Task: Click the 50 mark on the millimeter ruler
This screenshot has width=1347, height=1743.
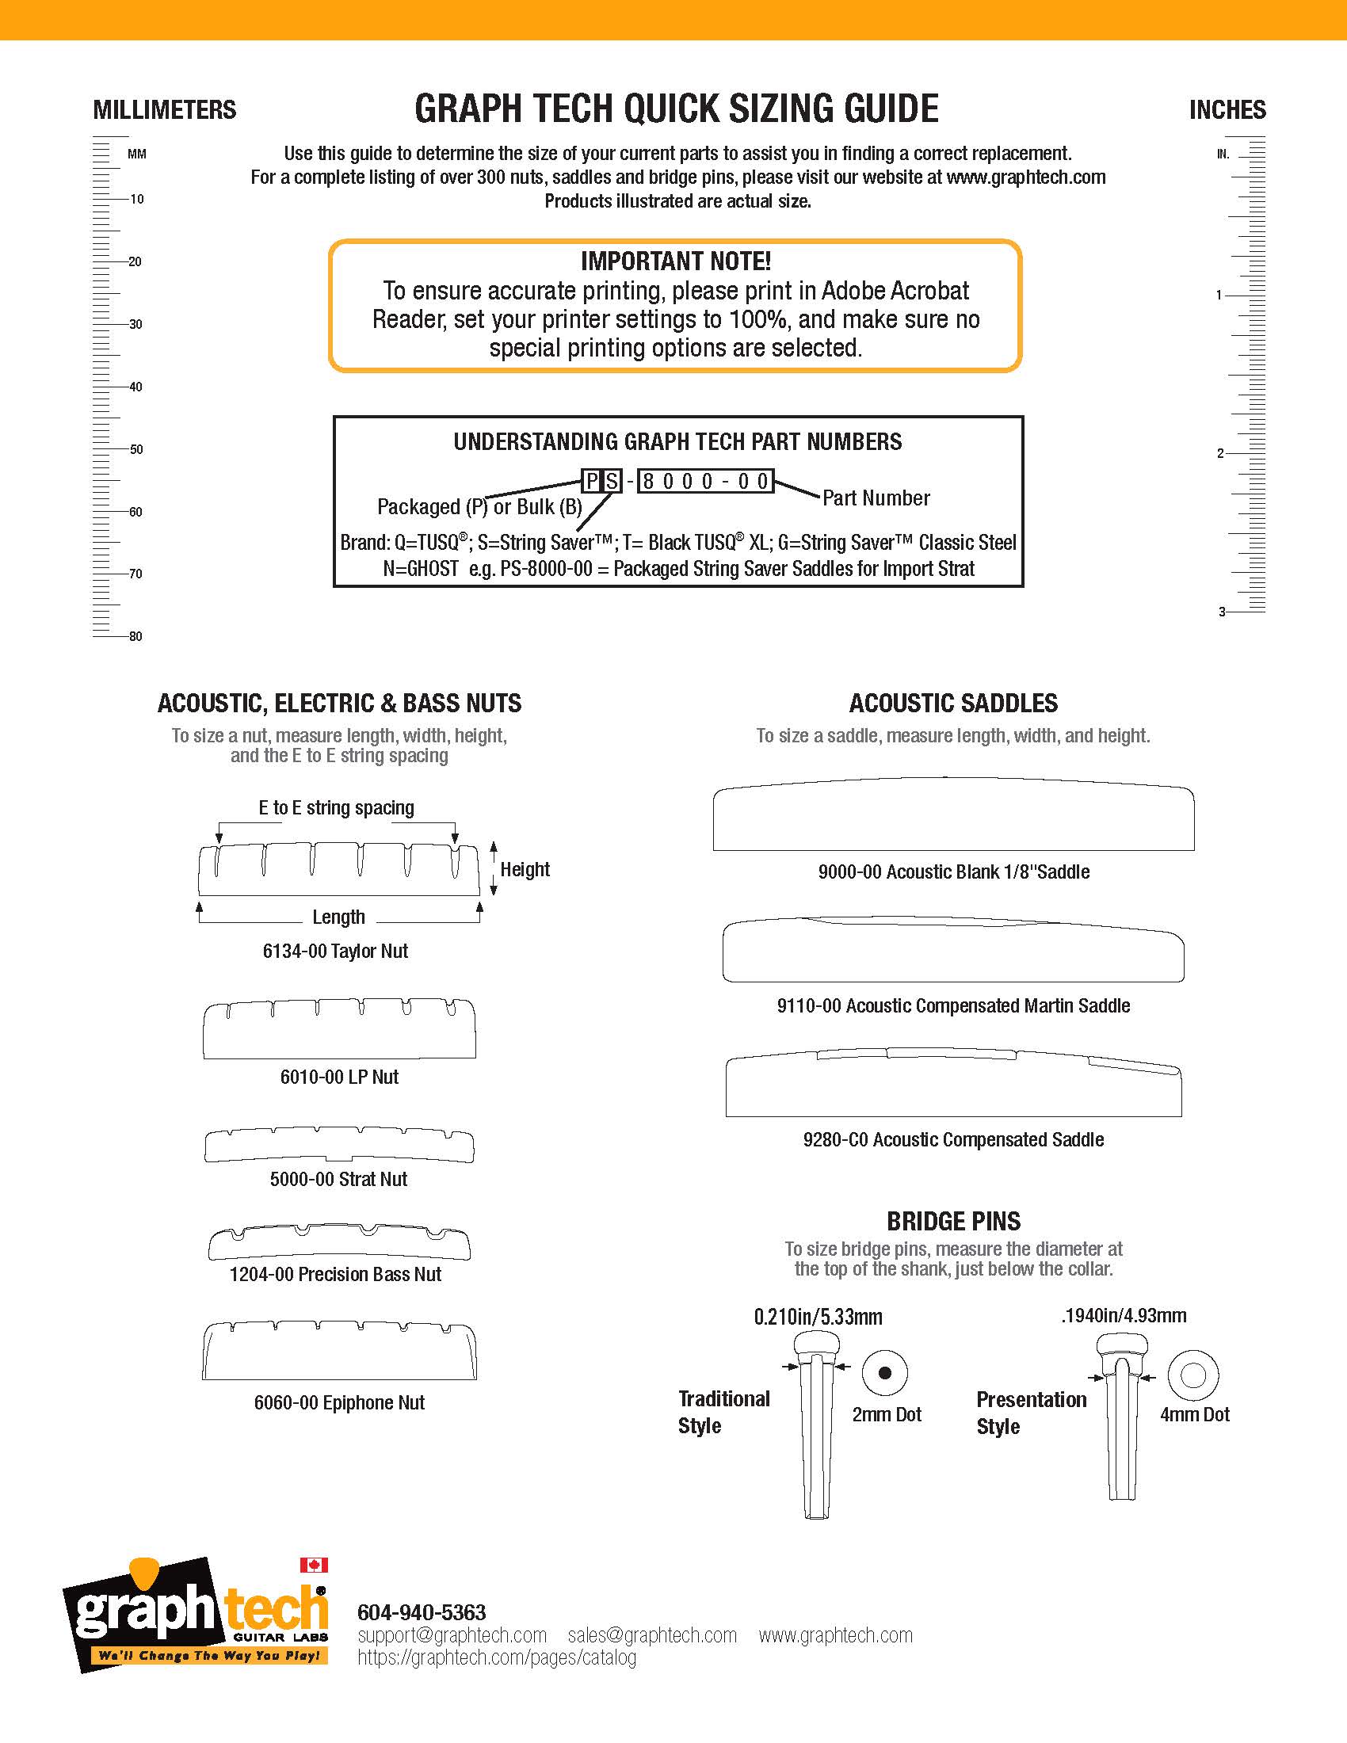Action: [136, 449]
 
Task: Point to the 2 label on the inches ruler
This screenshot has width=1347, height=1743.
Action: [1220, 453]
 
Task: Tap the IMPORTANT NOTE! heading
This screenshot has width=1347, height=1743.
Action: [675, 261]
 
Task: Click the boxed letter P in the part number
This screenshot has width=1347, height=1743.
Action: [591, 481]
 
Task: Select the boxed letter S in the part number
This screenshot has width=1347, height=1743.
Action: [611, 481]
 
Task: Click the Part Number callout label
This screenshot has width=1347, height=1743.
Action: [876, 498]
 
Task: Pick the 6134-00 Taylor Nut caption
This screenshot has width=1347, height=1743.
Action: [335, 951]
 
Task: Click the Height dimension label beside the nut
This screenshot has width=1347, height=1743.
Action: [525, 869]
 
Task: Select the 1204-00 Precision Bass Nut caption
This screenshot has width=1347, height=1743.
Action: [335, 1274]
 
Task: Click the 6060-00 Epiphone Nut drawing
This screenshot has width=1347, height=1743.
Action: [339, 1350]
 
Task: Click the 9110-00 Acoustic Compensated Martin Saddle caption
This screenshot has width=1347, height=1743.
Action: [952, 1005]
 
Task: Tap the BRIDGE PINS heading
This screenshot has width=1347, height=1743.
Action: [952, 1221]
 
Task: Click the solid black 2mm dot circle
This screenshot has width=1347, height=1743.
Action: [885, 1374]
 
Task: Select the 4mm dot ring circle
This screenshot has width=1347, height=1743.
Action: [1192, 1375]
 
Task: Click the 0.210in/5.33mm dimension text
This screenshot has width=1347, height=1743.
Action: [818, 1316]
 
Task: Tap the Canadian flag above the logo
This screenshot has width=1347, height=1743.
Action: [314, 1566]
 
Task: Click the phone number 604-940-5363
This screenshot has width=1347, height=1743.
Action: [422, 1612]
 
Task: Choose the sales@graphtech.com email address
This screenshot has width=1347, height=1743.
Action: [652, 1635]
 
